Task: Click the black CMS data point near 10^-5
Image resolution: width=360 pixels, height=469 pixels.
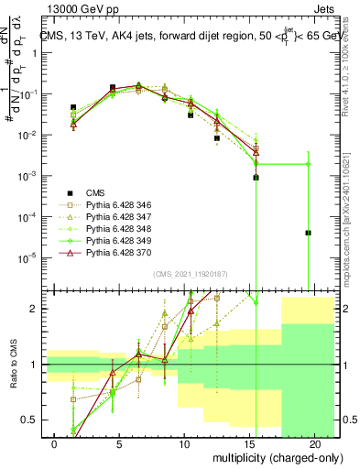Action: (309, 233)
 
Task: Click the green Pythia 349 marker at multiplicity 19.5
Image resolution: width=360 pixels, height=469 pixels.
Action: (309, 164)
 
